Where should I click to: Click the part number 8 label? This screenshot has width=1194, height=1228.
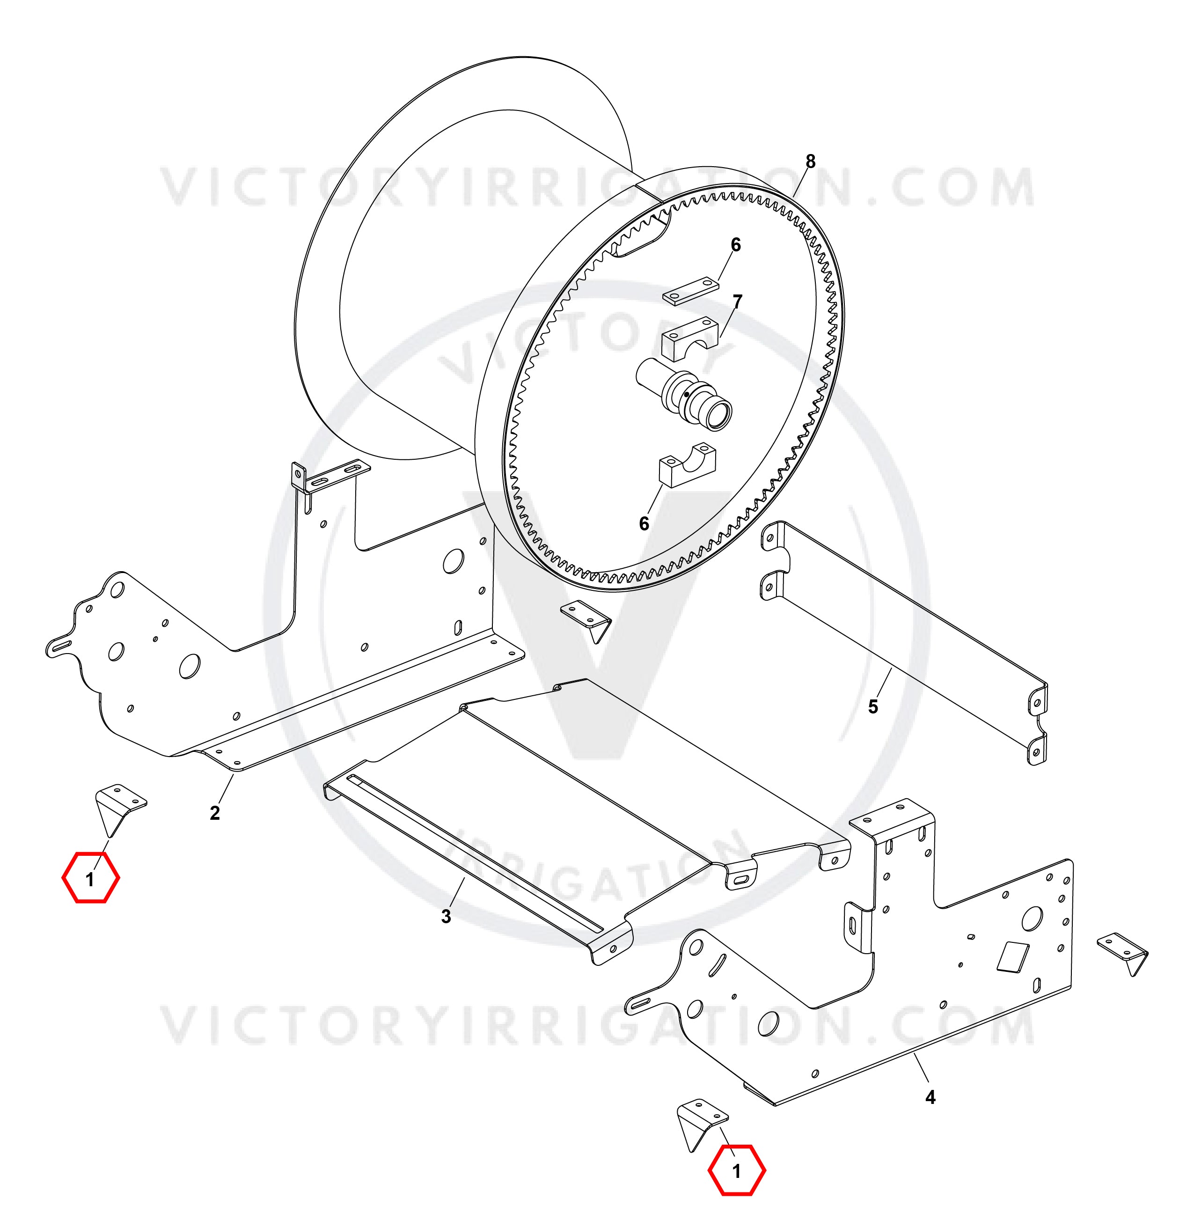coord(810,162)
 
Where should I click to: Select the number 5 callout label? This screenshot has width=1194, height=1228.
coord(873,707)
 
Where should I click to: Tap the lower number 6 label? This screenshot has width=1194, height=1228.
coord(644,523)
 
